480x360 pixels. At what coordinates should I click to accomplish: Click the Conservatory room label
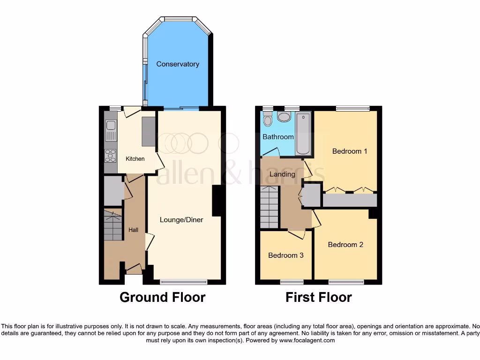point(178,64)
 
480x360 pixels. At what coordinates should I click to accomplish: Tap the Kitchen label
point(135,159)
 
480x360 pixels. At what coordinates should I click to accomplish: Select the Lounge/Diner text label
point(181,219)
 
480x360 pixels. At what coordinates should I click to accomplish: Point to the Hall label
point(134,230)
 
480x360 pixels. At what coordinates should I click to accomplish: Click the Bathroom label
point(278,137)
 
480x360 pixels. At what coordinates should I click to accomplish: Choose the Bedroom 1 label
point(350,151)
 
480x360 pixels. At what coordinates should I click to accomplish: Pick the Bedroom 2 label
point(345,245)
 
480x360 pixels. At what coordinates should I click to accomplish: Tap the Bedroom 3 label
point(286,255)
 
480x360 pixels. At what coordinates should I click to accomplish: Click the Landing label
point(283,174)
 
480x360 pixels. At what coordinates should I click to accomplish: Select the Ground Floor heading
point(162,297)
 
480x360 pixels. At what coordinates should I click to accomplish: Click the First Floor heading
point(319,297)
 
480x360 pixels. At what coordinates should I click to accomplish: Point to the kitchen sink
point(111,130)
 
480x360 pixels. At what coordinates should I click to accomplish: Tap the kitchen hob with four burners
point(111,155)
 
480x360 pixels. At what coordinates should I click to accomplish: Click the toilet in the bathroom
point(268,120)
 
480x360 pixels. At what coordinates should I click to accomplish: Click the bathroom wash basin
point(284,116)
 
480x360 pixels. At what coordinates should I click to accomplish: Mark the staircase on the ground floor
point(112,225)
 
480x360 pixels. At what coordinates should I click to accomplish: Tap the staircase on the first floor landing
point(269,206)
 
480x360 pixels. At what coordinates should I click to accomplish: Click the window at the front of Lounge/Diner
point(184,282)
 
